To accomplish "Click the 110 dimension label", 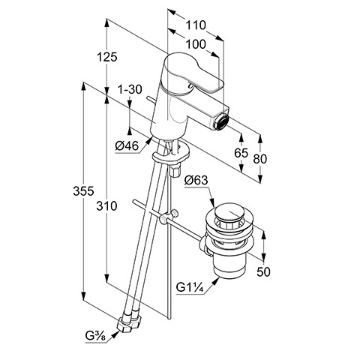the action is (196, 25).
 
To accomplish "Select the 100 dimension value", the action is (196, 44).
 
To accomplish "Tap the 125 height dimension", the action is (107, 57).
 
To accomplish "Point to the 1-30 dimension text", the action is (130, 89).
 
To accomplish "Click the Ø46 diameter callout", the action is (127, 145).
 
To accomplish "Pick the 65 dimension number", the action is (241, 153).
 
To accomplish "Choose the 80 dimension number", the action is (260, 159).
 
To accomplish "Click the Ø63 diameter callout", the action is (196, 180).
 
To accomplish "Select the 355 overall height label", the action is (83, 191).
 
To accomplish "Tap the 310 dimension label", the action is (106, 206).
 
